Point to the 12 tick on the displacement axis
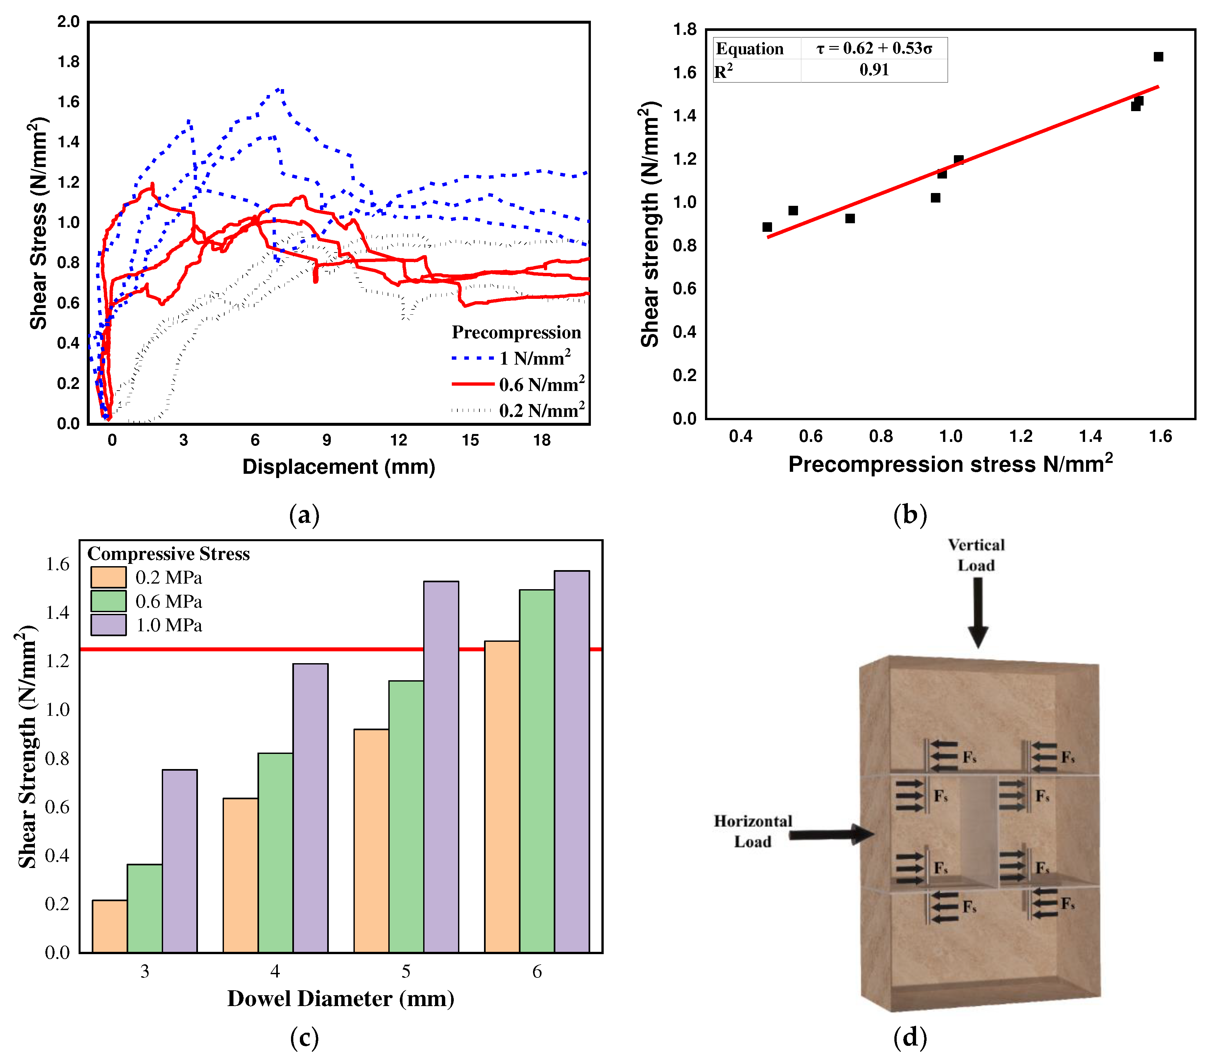[x=398, y=440]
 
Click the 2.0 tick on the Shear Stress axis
[x=69, y=22]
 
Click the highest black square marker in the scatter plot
[x=1158, y=57]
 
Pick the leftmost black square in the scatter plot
[x=767, y=227]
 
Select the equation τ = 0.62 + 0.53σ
[x=874, y=49]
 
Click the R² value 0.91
[x=874, y=70]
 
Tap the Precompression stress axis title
[x=950, y=464]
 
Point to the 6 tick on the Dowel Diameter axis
[x=537, y=972]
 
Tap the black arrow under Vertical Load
[x=978, y=612]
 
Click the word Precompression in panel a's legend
[x=516, y=332]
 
